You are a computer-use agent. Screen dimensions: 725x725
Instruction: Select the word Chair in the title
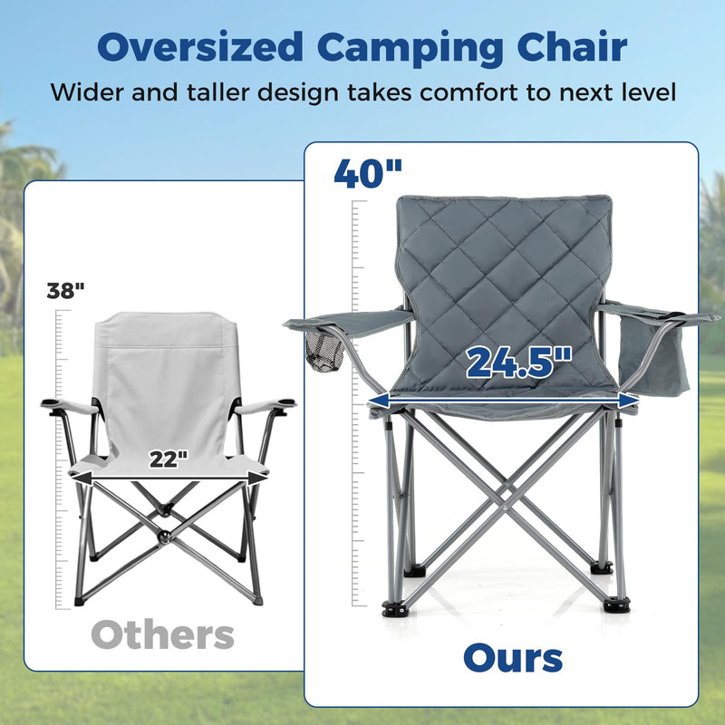point(572,47)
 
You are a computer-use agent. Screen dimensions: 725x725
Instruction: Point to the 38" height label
point(65,291)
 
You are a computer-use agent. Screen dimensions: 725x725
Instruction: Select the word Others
point(163,635)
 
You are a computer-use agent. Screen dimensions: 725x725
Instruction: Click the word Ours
point(513,659)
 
